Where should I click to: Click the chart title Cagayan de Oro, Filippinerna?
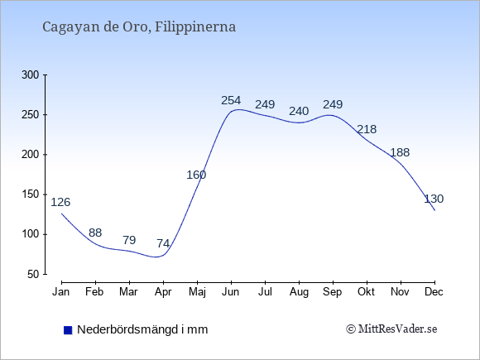coord(139,27)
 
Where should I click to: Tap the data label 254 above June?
coord(231,100)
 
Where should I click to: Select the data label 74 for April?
coord(163,243)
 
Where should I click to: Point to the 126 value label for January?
coord(60,202)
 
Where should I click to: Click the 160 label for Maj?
coord(196,175)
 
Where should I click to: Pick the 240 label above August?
coord(299,111)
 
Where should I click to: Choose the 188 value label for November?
coord(400,152)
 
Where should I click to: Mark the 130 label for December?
coord(434,199)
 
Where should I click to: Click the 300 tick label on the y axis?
coord(31,75)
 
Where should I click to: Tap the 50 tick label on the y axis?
coord(33,274)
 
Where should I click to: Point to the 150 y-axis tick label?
coord(31,194)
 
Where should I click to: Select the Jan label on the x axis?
coord(61,292)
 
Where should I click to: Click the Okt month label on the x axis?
coord(366,292)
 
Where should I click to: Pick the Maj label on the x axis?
coord(197,292)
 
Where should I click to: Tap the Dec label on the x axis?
coord(434,292)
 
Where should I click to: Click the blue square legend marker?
coord(68,330)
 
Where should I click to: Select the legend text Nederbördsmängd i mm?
coord(142,329)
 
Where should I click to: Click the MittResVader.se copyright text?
coord(391,329)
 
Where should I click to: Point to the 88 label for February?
coord(95,233)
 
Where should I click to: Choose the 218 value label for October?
coord(367,129)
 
